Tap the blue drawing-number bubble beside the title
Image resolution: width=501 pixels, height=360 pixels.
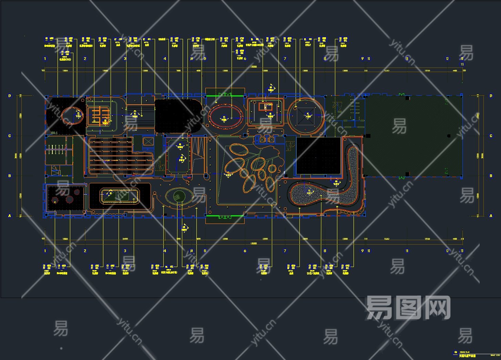456,352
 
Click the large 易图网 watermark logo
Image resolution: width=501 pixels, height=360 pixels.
408,308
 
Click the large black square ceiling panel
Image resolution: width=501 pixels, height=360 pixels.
318,156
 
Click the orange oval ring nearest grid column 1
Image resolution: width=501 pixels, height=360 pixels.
72,115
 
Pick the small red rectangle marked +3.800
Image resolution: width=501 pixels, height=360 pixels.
266,106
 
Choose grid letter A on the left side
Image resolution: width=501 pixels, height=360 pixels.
10,216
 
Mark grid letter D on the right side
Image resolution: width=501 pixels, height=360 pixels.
491,96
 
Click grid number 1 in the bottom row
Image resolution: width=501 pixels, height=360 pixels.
45,251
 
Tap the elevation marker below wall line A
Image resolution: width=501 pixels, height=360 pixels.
185,228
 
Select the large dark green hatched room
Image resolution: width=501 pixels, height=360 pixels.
413,136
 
